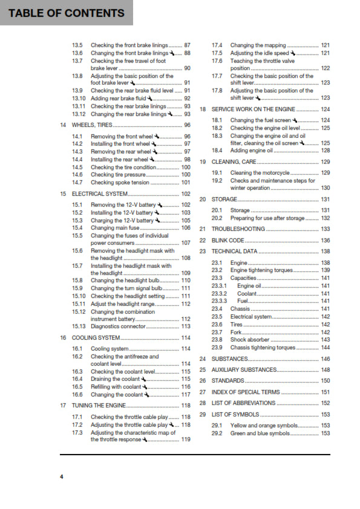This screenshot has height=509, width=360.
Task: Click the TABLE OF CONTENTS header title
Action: tap(67, 12)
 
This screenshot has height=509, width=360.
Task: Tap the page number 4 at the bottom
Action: tap(61, 477)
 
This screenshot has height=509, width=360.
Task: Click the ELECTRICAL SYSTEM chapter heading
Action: tap(100, 194)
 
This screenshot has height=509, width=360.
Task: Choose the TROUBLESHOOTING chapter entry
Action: tap(238, 229)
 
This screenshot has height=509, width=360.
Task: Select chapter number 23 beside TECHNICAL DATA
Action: tap(203, 251)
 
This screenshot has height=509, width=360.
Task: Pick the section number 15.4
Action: tap(77, 228)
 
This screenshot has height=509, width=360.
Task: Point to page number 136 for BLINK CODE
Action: tap(326, 240)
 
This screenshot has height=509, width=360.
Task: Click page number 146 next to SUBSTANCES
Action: tap(326, 359)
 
